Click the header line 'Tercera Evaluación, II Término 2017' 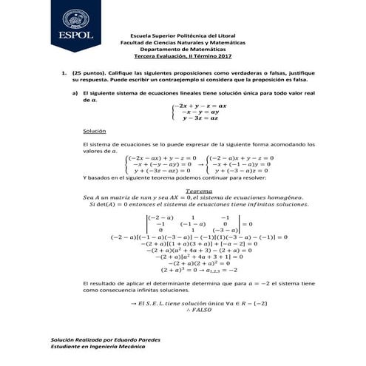182,55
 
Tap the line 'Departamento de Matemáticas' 182,49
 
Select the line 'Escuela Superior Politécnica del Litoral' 182,35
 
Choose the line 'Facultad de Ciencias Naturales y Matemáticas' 182,42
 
